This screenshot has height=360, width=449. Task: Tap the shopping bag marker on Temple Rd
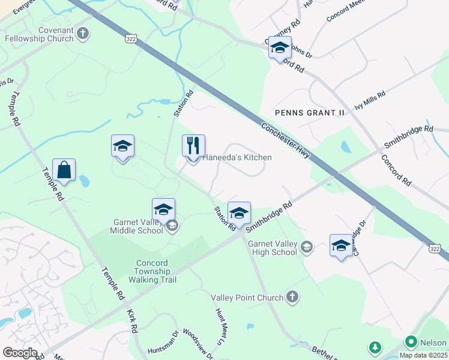[x=64, y=171]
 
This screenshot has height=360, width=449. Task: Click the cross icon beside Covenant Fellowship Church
[x=83, y=34]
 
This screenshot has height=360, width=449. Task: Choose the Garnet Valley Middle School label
[x=139, y=226]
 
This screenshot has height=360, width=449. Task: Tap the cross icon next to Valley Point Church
[x=292, y=296]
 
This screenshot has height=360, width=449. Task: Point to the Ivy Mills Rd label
[x=370, y=98]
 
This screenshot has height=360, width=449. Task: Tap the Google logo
[x=19, y=353]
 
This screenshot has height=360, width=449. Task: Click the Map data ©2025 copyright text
[x=423, y=355]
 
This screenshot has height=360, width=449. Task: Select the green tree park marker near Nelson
[x=375, y=347]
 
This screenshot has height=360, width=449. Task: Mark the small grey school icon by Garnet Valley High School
[x=307, y=247]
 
